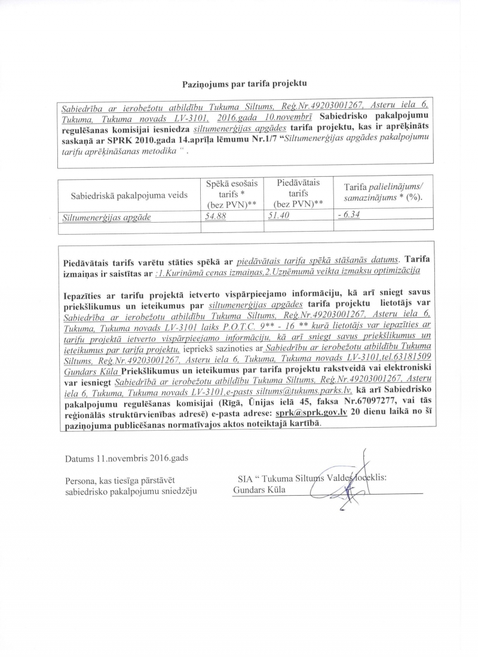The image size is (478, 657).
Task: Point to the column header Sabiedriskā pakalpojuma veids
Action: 129,195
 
